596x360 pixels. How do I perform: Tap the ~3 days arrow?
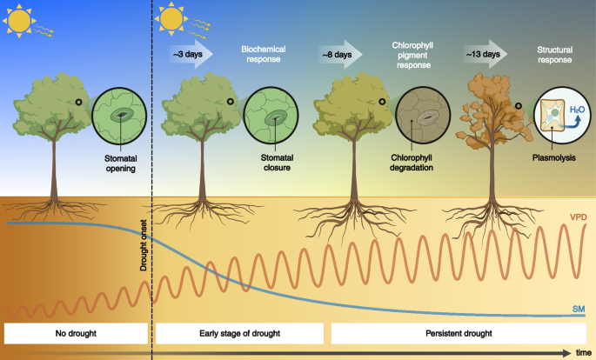[189, 55]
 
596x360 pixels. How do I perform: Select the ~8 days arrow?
[338, 55]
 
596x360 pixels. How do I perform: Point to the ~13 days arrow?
[483, 55]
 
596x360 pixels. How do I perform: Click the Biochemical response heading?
[263, 55]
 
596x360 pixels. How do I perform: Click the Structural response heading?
[555, 55]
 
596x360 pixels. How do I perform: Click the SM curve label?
[578, 309]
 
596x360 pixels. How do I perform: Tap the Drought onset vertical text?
[144, 244]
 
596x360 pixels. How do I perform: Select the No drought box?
[76, 333]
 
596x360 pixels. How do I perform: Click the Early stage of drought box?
[238, 333]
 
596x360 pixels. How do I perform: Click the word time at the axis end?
[584, 352]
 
